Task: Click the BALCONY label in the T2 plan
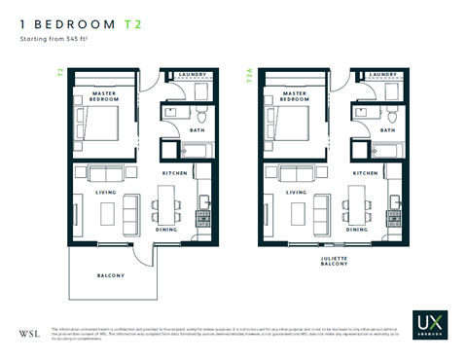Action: click(x=110, y=275)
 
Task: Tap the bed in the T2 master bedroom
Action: click(x=99, y=126)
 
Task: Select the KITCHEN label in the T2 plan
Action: click(x=175, y=172)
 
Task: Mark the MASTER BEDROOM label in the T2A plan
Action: click(x=289, y=94)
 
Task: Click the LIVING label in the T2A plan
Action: click(x=298, y=192)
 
